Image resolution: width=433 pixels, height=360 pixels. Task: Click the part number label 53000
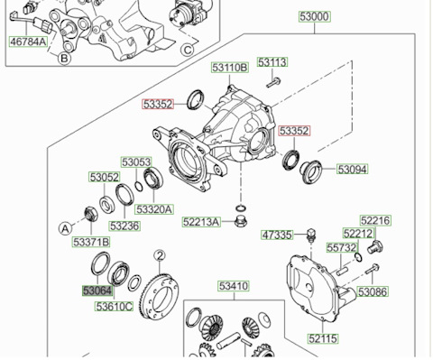315,16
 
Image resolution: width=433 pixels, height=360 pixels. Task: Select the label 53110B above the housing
230,68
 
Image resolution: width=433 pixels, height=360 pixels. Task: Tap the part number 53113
272,62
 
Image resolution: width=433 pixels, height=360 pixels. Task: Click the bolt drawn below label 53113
273,82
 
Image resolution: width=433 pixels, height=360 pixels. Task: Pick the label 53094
353,170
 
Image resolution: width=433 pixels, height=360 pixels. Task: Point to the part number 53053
136,162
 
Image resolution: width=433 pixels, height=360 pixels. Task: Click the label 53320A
154,209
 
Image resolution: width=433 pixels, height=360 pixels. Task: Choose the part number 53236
124,226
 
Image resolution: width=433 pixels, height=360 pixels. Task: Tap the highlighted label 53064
97,291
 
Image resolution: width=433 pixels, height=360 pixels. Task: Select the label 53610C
114,307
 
